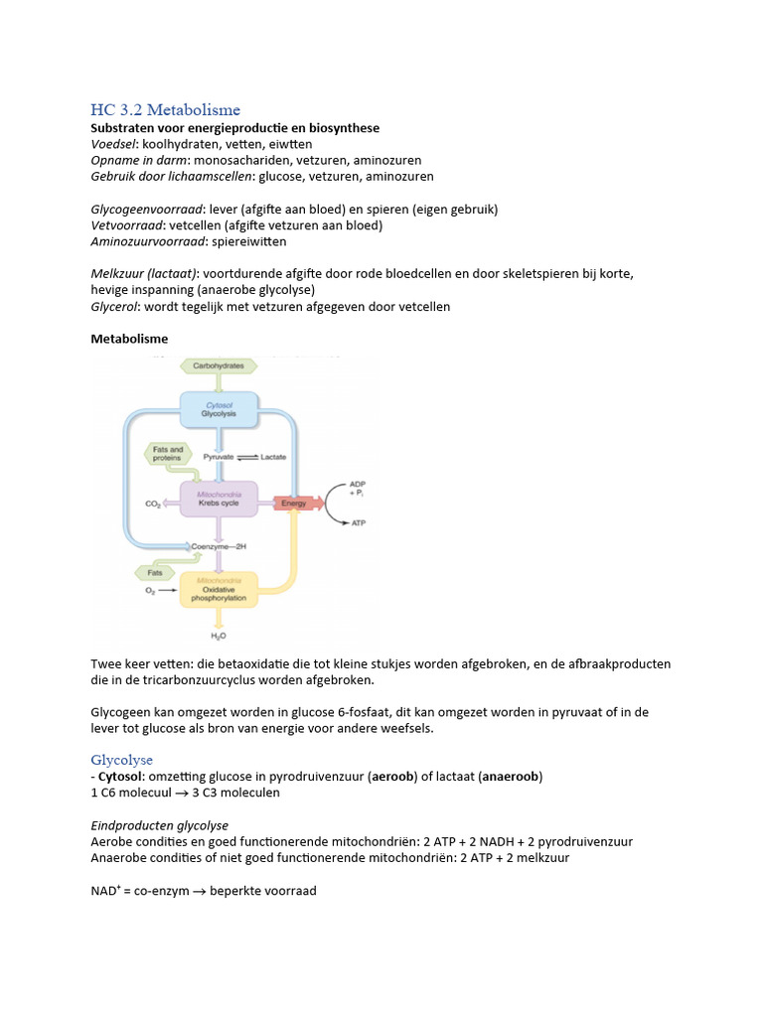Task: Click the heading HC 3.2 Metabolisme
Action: (x=165, y=109)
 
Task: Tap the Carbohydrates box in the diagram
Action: (x=219, y=366)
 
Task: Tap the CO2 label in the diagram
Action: (x=153, y=505)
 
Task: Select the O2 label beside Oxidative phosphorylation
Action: (x=151, y=590)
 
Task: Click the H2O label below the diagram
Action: (x=218, y=635)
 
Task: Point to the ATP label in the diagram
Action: (x=359, y=522)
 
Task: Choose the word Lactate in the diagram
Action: (x=273, y=456)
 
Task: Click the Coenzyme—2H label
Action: (x=223, y=546)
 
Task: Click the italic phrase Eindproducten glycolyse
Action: (x=159, y=825)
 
